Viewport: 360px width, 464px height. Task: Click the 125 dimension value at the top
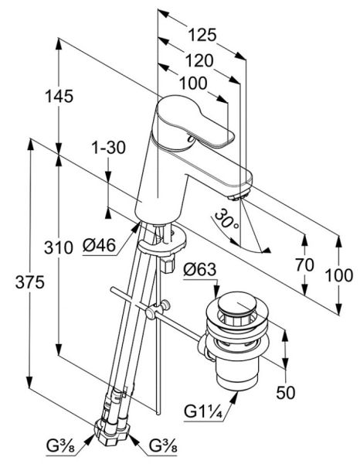point(202,35)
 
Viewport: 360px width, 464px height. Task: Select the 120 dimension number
point(199,61)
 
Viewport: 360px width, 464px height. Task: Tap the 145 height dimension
point(59,97)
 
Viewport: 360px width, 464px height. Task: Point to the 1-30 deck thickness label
point(108,148)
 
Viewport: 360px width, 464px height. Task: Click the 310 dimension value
point(58,247)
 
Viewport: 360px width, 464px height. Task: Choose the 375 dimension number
point(30,281)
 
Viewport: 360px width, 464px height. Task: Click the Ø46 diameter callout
point(99,245)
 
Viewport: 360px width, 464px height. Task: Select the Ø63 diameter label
point(200,270)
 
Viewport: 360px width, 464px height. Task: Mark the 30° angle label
point(226,220)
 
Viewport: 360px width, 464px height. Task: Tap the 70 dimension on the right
point(304,264)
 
